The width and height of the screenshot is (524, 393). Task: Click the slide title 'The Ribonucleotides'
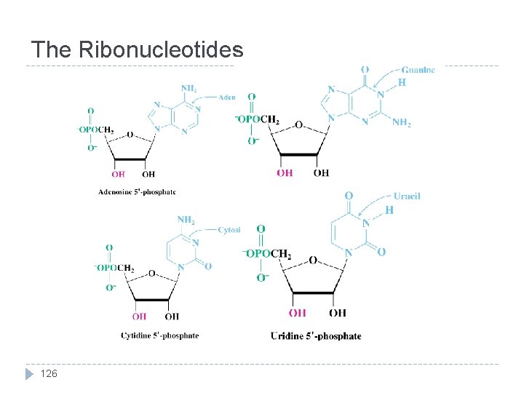[137, 49]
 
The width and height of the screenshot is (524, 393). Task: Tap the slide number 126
[48, 374]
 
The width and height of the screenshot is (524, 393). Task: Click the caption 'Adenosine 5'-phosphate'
[137, 192]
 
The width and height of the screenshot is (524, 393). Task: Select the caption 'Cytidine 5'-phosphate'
[159, 336]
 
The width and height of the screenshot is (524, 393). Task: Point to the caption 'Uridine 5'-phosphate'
[316, 336]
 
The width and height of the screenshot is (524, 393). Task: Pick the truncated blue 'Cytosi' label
[229, 229]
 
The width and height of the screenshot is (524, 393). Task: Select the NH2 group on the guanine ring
[402, 123]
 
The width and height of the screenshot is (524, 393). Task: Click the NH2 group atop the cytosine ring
[186, 219]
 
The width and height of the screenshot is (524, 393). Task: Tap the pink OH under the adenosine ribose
[118, 175]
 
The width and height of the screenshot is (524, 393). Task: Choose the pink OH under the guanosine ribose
[285, 172]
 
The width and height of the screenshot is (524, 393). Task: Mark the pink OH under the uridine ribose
[297, 313]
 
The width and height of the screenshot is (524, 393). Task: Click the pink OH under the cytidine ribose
[139, 317]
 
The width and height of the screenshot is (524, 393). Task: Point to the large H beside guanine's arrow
[402, 83]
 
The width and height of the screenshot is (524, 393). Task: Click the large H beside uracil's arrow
[389, 210]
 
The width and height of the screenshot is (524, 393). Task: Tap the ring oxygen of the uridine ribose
[313, 261]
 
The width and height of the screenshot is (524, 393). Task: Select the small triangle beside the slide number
[29, 374]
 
